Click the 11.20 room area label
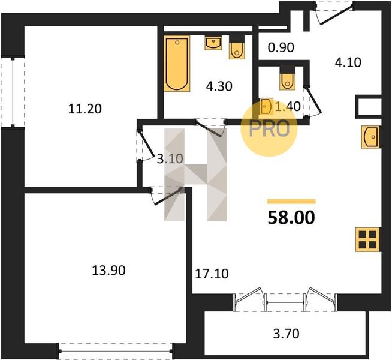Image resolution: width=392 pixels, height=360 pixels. click(85, 109)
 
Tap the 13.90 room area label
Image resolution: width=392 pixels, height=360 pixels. click(108, 271)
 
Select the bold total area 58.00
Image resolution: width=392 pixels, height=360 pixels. click(291, 218)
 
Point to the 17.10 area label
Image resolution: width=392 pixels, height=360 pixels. click(212, 274)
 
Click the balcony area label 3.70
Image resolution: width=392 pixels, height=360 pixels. click(287, 334)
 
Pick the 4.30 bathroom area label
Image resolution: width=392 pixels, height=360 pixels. click(219, 86)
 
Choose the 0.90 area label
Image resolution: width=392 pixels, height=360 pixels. click(281, 47)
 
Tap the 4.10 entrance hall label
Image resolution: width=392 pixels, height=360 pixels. click(348, 62)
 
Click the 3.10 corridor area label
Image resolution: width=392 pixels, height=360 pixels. click(170, 158)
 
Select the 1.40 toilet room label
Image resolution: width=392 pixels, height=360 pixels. click(288, 107)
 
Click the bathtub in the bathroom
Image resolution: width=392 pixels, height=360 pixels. click(177, 64)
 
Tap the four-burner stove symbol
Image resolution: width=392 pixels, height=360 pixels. click(367, 239)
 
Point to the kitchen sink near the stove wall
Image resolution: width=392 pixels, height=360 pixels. click(370, 137)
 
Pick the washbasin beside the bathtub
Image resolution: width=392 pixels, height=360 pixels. click(213, 43)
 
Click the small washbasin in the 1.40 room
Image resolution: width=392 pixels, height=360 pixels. click(266, 107)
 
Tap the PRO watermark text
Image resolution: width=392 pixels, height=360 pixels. click(269, 129)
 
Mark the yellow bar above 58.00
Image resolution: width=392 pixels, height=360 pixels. click(291, 202)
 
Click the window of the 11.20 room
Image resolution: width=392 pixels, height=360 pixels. click(13, 92)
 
